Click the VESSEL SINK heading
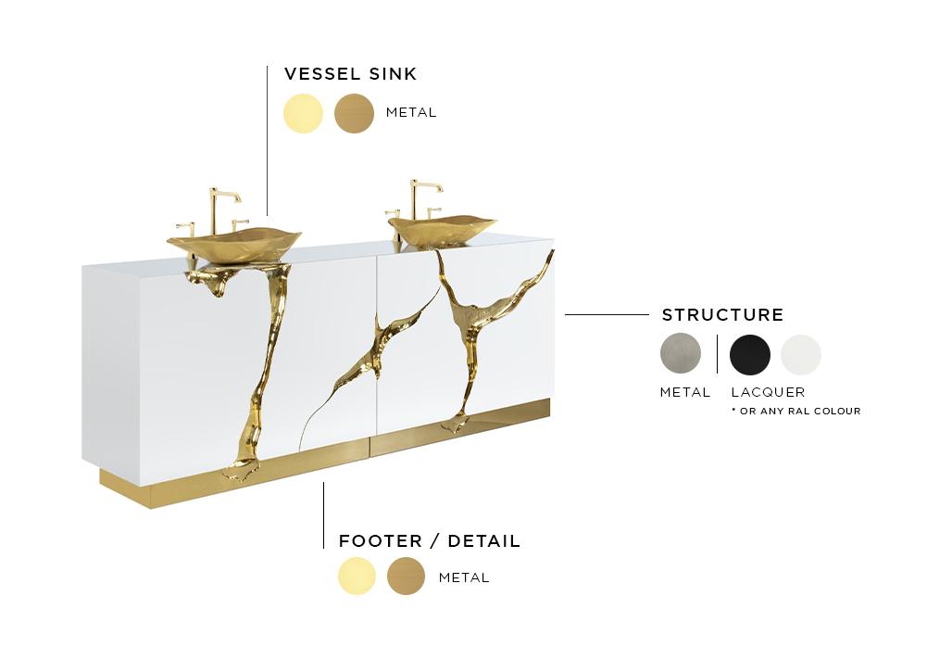tap(350, 74)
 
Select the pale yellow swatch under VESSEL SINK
tap(304, 113)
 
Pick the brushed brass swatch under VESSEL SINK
tap(354, 113)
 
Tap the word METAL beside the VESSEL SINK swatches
tap(411, 113)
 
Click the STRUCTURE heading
tap(722, 315)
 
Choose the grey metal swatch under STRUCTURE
tap(681, 354)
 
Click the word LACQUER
tap(768, 392)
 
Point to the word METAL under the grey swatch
tap(685, 392)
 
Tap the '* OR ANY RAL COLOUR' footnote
tap(795, 411)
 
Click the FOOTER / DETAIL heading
tap(430, 540)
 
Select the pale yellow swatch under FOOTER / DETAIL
tap(357, 577)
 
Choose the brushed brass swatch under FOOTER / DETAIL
tap(406, 577)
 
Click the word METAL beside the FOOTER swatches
tap(464, 577)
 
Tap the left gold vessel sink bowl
tap(233, 244)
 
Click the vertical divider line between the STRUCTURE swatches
tap(718, 354)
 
